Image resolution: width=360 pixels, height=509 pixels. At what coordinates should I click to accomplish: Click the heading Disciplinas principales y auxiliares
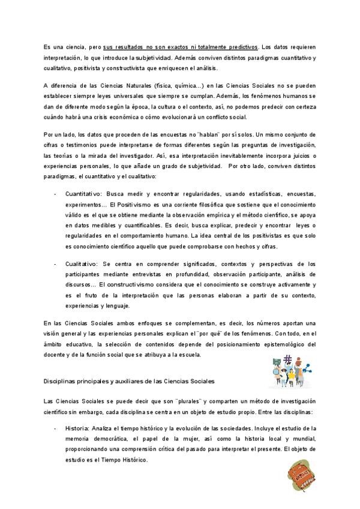pos(130,381)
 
